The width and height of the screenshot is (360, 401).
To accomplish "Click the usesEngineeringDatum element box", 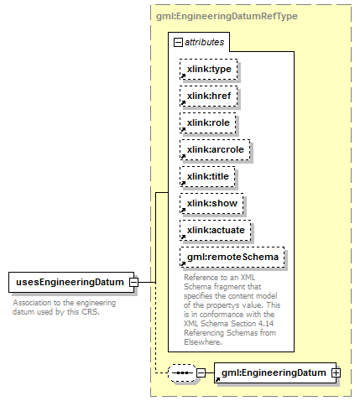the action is coord(71,282).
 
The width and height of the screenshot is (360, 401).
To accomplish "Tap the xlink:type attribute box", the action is coord(209,69).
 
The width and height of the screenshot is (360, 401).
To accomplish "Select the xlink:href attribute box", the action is coord(209,96).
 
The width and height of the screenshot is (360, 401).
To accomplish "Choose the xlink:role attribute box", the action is coord(208,122).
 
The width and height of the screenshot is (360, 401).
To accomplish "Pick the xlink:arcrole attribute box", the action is coord(215,149).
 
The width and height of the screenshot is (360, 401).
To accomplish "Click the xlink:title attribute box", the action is coord(207,176).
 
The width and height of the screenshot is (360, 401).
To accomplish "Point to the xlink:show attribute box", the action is coord(211,203).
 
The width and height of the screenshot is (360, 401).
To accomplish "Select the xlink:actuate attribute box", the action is coord(216,230).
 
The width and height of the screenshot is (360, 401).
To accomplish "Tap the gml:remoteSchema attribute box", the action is coord(232,257).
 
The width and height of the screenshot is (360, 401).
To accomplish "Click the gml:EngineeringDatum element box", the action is coord(275,372).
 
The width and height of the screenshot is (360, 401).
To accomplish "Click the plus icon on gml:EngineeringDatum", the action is coord(337,372).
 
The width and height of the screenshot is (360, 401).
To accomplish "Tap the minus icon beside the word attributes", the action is coord(178,43).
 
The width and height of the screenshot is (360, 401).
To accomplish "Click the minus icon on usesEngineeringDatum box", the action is coord(133,282).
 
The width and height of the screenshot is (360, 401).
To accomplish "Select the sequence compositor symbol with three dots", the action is coord(182,372).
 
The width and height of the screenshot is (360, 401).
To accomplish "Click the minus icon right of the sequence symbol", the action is coord(201,372).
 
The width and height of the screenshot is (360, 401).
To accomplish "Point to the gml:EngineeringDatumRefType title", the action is coord(227,16).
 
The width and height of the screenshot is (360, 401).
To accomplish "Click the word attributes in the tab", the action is coord(204,42).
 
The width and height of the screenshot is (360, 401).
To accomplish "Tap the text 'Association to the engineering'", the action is coord(65,303).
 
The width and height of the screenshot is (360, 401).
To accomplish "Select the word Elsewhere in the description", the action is coord(203,342).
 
